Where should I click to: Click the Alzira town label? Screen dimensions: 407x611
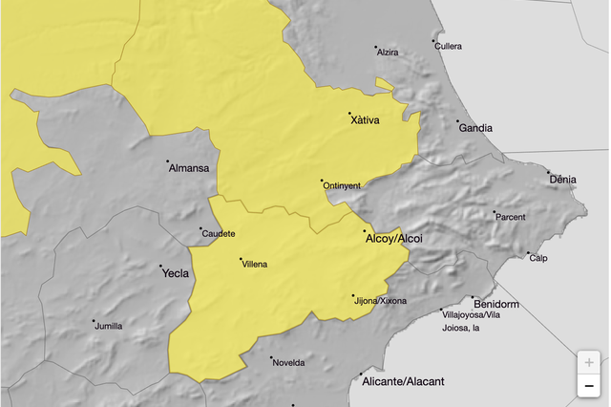point(388,53)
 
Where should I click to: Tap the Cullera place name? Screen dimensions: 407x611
point(448,46)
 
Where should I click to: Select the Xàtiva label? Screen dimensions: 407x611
point(366,120)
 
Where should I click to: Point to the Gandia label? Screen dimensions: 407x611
point(475,128)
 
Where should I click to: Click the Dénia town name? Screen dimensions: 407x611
point(563,180)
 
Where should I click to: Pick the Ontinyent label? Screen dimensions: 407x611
point(342,186)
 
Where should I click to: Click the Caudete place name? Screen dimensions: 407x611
point(220,234)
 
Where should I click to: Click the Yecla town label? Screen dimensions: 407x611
point(176,273)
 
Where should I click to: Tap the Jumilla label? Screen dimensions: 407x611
point(109,326)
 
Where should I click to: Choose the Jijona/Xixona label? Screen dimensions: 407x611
point(380,301)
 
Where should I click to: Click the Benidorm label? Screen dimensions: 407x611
point(495,305)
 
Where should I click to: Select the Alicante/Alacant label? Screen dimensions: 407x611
point(404,381)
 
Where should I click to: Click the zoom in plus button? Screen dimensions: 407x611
point(589,363)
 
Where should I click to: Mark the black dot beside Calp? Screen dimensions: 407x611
point(528,253)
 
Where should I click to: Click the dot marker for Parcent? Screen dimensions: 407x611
point(494,212)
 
